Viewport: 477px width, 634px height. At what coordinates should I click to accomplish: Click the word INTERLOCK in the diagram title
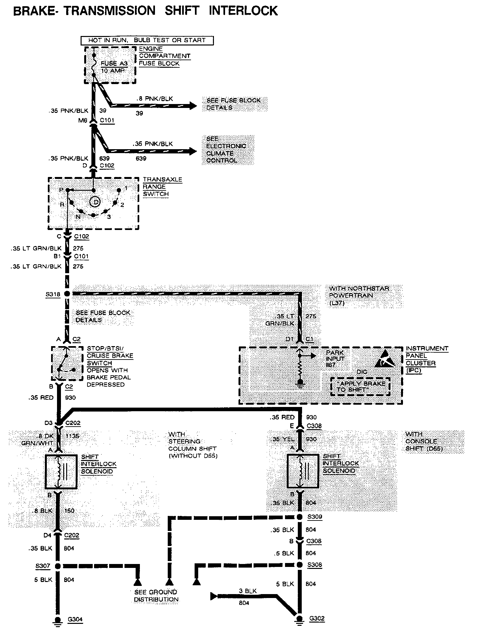pos(243,10)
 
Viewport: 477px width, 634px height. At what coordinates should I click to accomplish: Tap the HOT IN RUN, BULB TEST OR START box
pos(147,40)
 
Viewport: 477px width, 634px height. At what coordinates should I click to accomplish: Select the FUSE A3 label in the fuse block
pos(114,63)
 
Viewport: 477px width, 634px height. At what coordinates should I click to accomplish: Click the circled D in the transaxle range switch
pos(95,202)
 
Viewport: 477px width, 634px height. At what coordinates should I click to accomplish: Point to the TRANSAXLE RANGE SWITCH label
pos(162,186)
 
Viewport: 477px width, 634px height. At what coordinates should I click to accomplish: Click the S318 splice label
pos(53,294)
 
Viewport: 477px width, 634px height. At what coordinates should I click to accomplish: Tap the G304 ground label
pos(75,619)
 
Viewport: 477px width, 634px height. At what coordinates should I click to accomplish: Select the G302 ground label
pos(317,618)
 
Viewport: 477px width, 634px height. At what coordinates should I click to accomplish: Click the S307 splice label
pos(43,566)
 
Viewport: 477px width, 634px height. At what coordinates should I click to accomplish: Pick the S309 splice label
pos(315,517)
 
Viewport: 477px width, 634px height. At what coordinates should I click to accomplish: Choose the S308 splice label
pos(315,565)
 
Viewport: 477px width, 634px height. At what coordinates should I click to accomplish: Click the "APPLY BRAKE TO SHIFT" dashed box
pos(360,387)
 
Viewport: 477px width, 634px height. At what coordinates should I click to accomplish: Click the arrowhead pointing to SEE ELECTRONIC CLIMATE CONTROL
pos(193,151)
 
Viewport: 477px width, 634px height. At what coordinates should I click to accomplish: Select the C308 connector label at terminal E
pos(314,426)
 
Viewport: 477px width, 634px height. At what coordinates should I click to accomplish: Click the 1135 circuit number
pos(72,436)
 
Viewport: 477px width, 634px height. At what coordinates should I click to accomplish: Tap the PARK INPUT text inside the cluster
pos(335,356)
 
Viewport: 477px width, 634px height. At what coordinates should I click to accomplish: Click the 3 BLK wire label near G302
pos(248,591)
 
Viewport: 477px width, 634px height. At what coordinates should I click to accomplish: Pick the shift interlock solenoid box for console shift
pos(302,471)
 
